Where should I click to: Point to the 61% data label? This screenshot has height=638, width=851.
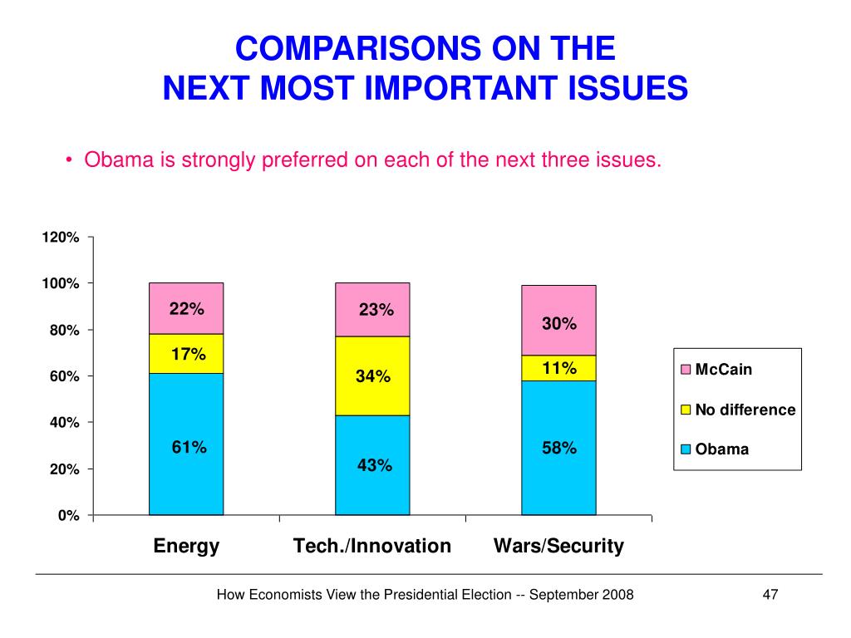[x=189, y=448]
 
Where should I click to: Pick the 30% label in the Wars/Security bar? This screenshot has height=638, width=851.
[x=559, y=324]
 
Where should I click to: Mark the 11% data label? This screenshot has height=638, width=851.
[x=559, y=368]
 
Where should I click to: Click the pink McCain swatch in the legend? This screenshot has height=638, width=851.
[x=686, y=370]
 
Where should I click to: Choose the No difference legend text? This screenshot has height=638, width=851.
[x=745, y=410]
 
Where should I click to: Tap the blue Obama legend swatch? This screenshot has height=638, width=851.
[x=686, y=450]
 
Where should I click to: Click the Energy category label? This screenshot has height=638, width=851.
[x=187, y=546]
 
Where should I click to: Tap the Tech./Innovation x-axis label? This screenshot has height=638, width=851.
[x=372, y=546]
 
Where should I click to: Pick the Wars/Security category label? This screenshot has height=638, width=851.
[x=558, y=546]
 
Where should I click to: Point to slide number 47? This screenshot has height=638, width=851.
[x=770, y=595]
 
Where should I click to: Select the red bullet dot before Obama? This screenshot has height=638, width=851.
[x=72, y=160]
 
